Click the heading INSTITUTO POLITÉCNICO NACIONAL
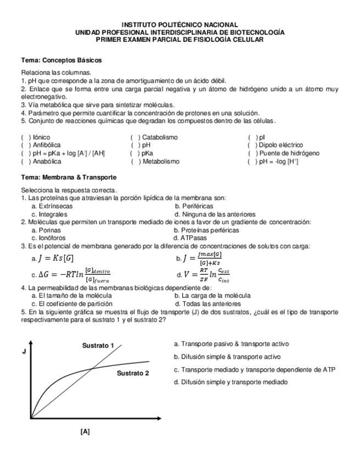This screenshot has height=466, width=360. [180, 25]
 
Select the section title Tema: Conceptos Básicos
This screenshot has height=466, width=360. [61, 60]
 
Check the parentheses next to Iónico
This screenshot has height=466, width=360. [25, 137]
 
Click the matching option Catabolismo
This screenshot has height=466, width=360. [159, 137]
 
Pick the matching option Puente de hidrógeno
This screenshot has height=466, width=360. [289, 153]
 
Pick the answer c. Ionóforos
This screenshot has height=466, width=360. [49, 238]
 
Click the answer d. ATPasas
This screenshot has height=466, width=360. [190, 238]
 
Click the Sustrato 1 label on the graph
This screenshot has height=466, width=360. [98, 346]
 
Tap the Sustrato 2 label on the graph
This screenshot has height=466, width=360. [132, 374]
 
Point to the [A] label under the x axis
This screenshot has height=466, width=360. [85, 432]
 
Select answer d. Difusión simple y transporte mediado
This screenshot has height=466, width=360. [230, 382]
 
